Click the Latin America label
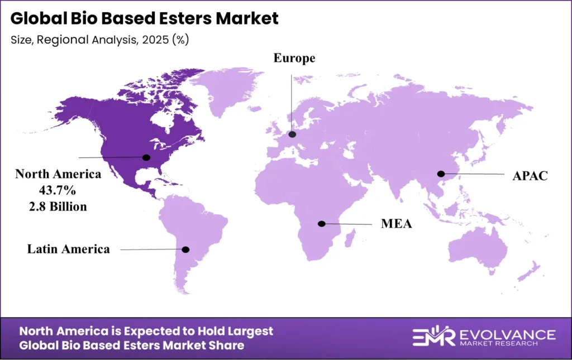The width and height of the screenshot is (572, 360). pos(69,249)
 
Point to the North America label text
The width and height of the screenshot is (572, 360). pos(58,174)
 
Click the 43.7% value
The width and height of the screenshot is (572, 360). pos(58,190)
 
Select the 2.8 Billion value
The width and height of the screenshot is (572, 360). pos(58,207)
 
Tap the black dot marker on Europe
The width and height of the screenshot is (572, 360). pos(292,135)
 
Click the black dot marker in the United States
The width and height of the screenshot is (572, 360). pos(146,157)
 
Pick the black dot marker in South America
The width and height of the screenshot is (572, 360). pos(185,249)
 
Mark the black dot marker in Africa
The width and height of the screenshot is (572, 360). pos(322,224)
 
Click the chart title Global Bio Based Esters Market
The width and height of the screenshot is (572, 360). pos(144,18)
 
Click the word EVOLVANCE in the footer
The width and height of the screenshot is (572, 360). pos(507,334)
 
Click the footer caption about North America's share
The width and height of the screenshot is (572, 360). pos(146,338)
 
